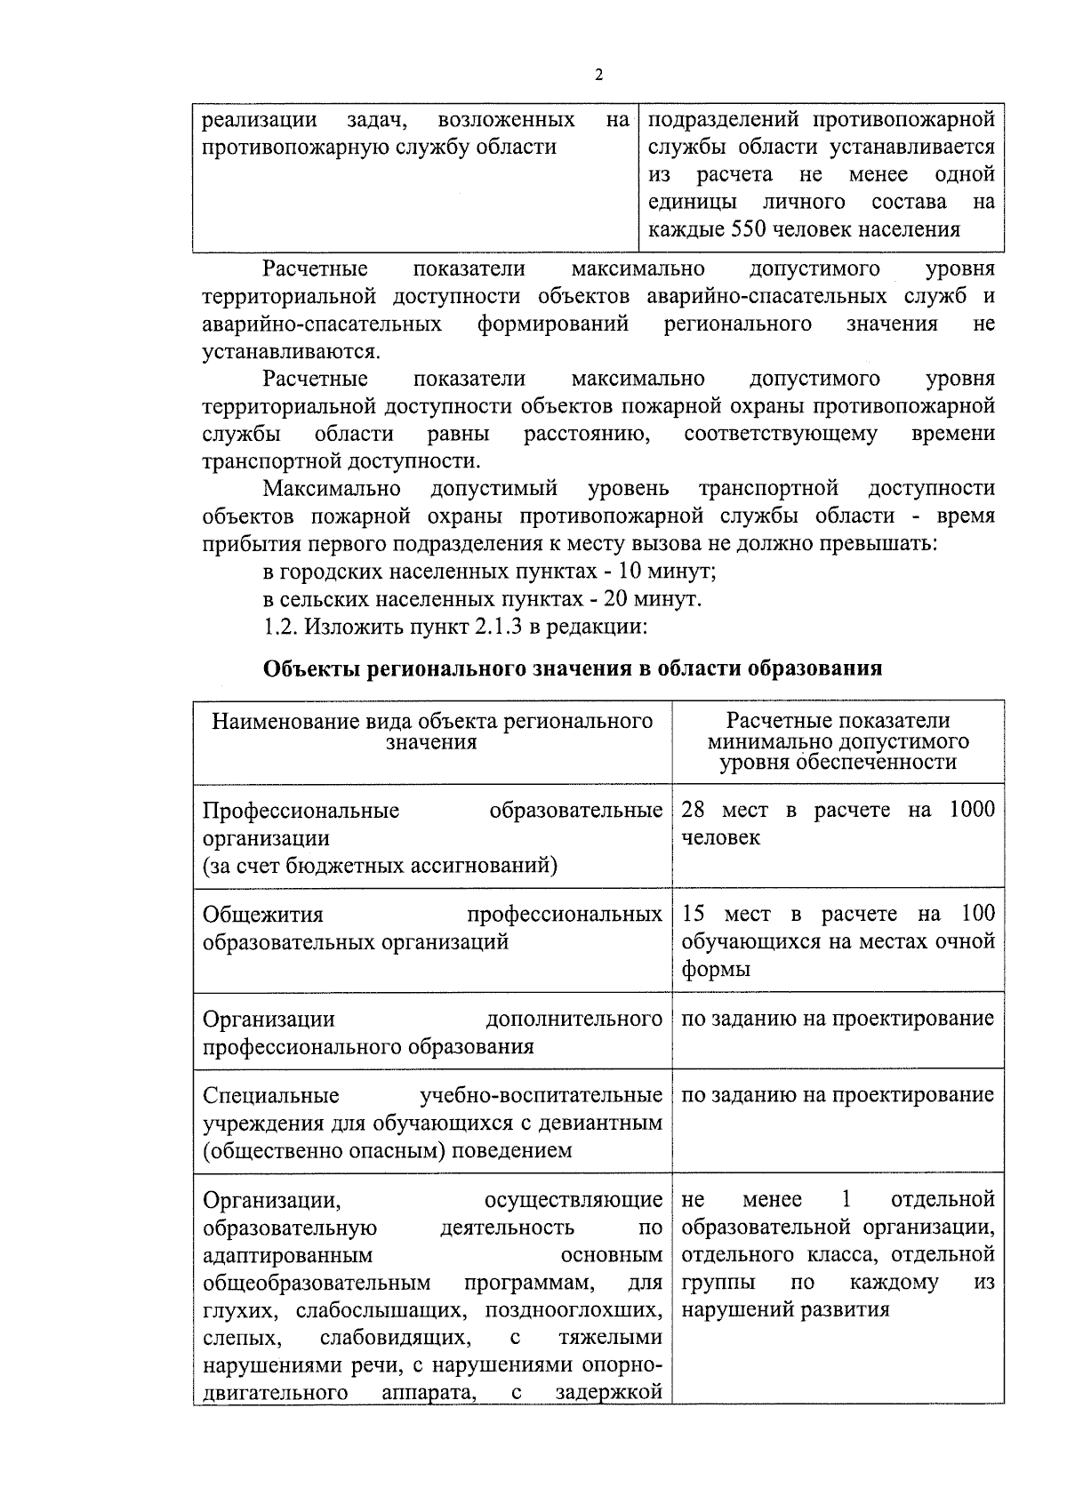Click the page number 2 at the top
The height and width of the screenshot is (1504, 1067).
(598, 76)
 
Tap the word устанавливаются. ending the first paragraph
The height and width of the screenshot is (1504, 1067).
(292, 351)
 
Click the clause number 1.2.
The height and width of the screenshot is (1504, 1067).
(280, 627)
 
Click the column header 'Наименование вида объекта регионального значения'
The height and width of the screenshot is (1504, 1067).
(432, 732)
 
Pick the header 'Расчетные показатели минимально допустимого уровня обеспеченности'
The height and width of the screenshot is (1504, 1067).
(838, 741)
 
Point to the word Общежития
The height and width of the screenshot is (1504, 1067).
(263, 915)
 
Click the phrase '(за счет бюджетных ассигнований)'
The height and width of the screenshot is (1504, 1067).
(380, 866)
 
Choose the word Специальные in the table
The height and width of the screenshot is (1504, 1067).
(271, 1095)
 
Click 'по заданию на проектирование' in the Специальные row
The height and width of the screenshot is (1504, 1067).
(838, 1095)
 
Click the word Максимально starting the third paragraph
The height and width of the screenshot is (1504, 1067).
(332, 489)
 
